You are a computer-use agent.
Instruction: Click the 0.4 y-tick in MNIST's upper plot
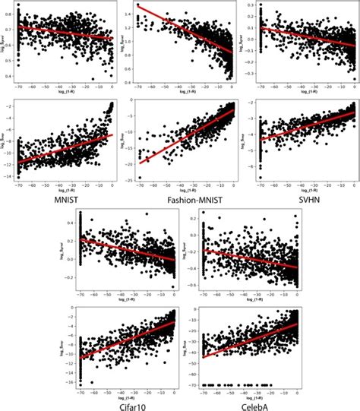10,76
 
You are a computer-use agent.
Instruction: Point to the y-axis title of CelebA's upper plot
185,248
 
